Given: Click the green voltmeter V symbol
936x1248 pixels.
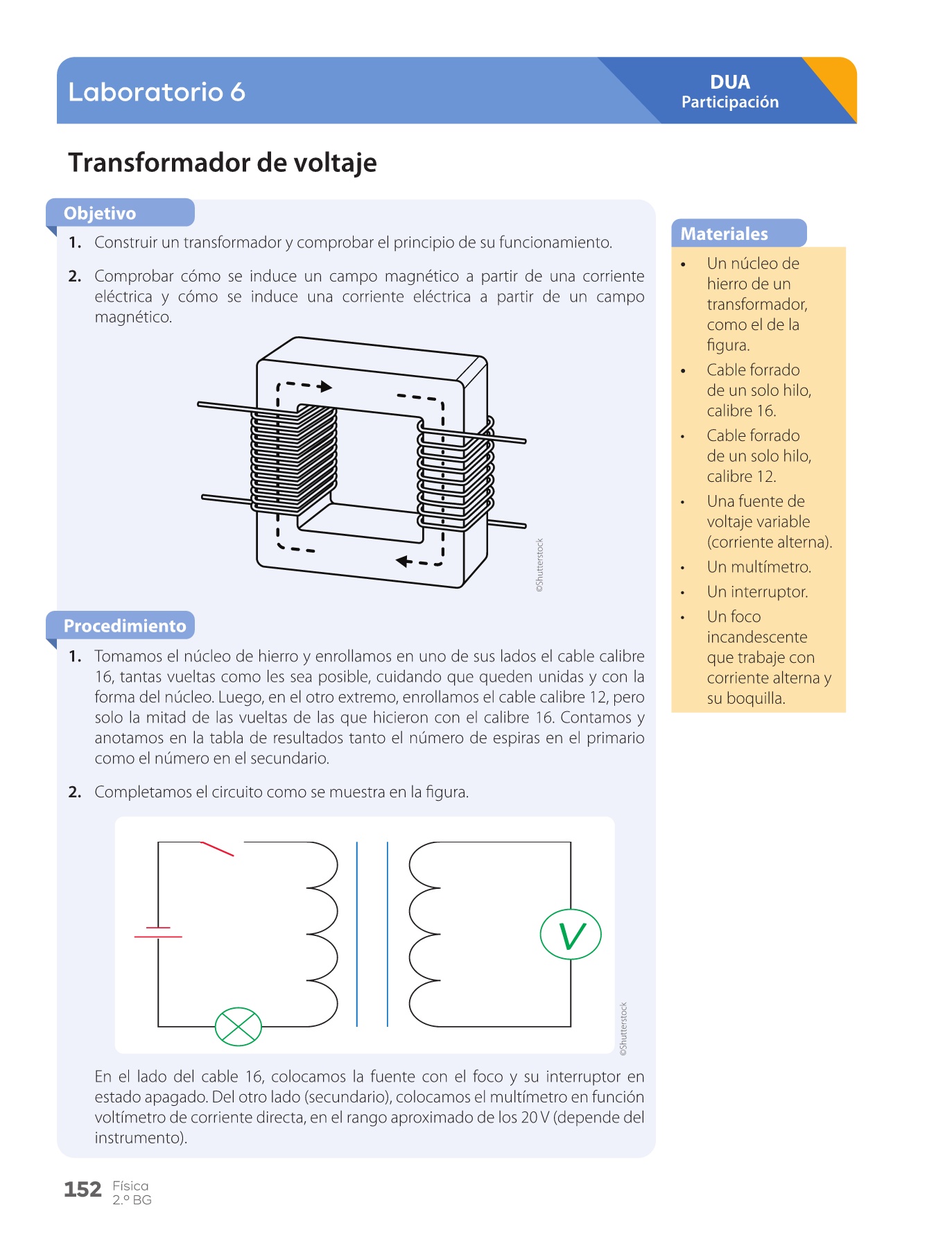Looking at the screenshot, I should click(571, 935).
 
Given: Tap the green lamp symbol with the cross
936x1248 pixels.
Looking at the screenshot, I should click(238, 1027).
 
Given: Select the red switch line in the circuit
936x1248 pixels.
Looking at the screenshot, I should click(218, 849).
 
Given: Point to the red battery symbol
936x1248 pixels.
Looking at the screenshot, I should click(158, 933).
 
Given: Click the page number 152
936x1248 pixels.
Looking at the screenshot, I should click(83, 1190).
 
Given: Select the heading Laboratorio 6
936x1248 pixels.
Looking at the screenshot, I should click(157, 92).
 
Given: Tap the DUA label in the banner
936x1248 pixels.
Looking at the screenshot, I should click(730, 82).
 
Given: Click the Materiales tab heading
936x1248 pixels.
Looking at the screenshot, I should click(725, 234).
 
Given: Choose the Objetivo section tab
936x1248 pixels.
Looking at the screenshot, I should click(100, 213).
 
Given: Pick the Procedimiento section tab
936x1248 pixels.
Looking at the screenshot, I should click(125, 626).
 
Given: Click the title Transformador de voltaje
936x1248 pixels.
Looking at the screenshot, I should click(223, 163).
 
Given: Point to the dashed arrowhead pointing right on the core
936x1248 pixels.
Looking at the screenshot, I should click(326, 386).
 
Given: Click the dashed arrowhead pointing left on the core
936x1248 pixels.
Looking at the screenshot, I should click(402, 561).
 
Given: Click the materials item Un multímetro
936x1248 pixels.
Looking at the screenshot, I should click(759, 567).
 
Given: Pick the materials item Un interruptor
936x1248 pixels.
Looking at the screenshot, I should click(757, 592).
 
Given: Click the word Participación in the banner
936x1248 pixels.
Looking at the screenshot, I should click(730, 103).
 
